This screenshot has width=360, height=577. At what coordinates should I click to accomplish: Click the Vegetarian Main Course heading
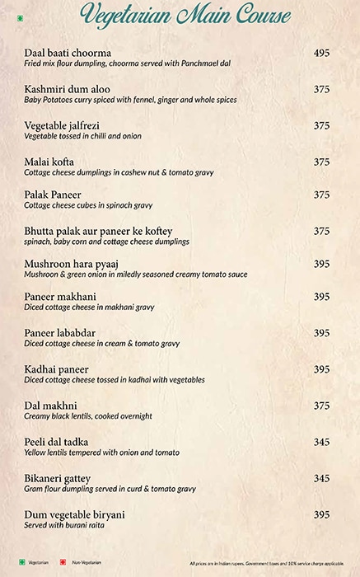[185, 16]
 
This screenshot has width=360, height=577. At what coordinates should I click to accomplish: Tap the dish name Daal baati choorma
[68, 53]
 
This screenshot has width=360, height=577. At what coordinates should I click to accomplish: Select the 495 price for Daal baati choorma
[321, 53]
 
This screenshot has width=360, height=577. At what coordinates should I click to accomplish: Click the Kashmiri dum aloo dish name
[67, 89]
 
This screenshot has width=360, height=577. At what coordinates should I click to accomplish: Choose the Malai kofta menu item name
[49, 162]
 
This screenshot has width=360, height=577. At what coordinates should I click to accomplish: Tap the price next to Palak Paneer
[321, 195]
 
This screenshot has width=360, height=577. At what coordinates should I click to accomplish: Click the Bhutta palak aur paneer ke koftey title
[98, 231]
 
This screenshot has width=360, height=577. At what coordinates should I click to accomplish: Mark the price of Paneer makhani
[321, 297]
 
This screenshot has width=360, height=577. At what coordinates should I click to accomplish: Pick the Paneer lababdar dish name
[61, 333]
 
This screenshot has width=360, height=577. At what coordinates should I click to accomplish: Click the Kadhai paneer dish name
[56, 369]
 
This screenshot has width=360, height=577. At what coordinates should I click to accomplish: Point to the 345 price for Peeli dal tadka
[321, 442]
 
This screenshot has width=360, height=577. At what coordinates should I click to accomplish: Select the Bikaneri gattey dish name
[58, 478]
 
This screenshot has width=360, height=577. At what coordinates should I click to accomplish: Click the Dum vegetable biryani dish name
[74, 514]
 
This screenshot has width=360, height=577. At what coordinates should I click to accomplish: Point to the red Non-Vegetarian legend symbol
[62, 562]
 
